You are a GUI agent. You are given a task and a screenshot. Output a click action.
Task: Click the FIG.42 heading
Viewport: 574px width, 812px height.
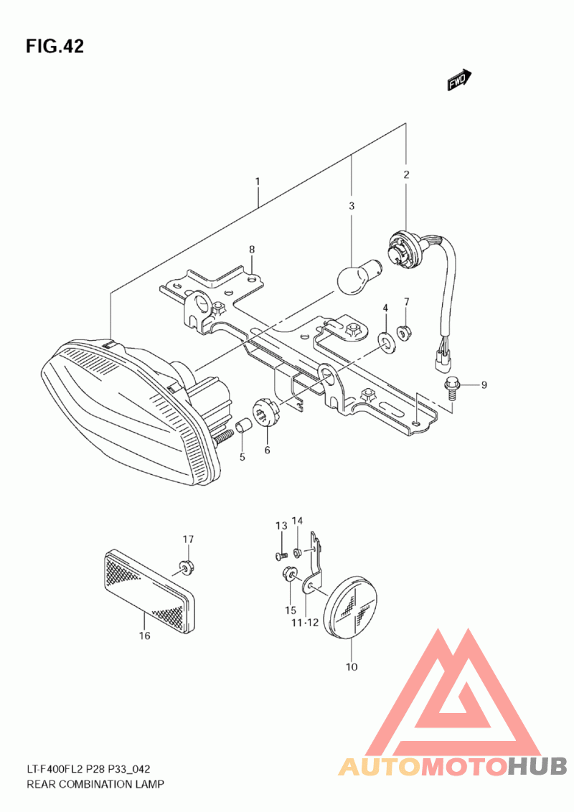(x=55, y=46)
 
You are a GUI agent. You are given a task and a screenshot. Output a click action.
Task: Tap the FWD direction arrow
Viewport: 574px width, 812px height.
(x=459, y=80)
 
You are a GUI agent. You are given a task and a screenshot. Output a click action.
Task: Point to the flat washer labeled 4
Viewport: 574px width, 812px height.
(x=385, y=340)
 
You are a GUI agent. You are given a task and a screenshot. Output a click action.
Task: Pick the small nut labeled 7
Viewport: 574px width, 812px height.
(x=403, y=329)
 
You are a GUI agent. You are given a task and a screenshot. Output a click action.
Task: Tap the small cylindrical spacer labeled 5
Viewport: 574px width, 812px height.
(x=243, y=427)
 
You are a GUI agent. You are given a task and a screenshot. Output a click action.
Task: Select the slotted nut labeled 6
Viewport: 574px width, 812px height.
(x=267, y=416)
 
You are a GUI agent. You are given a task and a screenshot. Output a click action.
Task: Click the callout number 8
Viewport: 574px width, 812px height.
(x=252, y=250)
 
